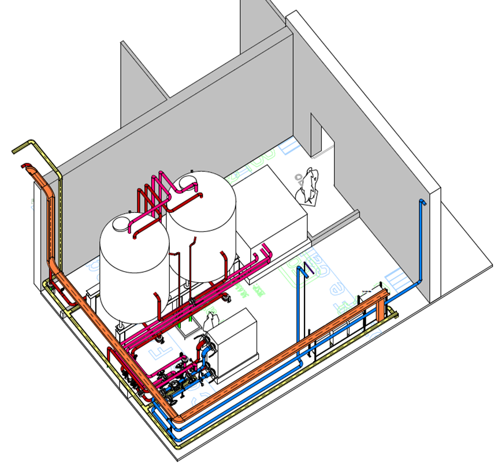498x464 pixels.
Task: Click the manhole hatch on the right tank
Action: [186, 181]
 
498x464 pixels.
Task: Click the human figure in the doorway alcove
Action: [308, 185]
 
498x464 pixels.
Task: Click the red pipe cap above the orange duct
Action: [25, 166]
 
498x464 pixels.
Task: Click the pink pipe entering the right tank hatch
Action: [192, 185]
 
